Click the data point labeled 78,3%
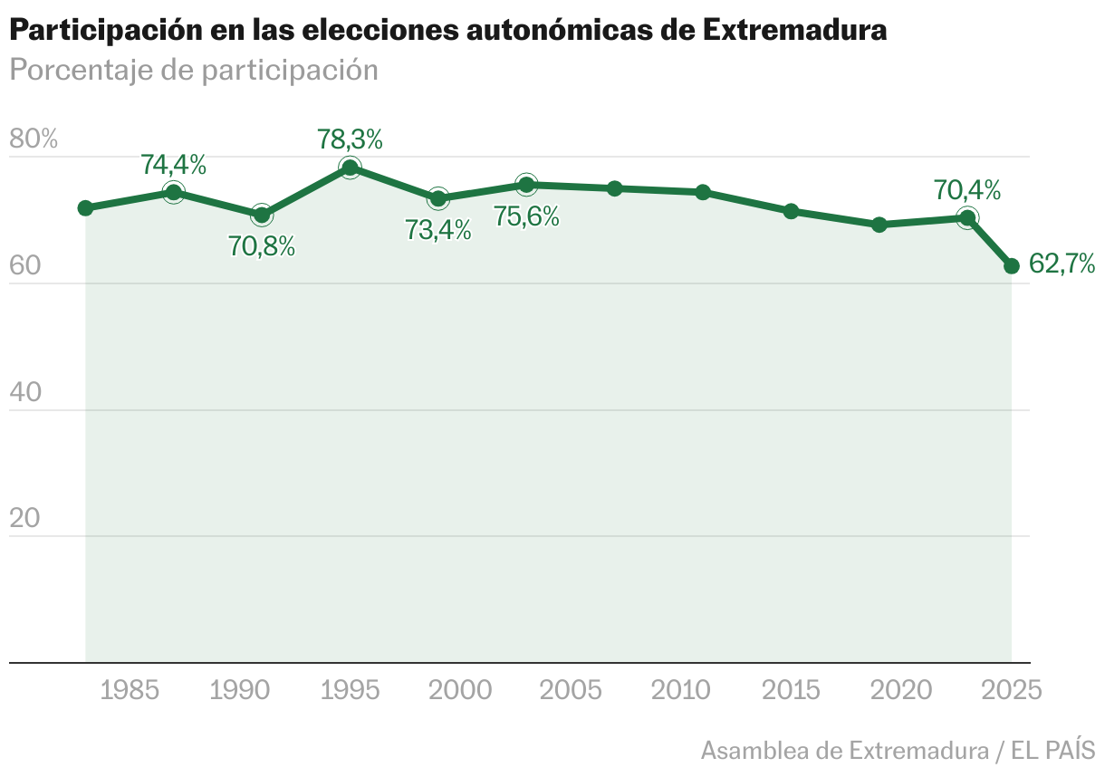pos(350,168)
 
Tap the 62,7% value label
pos(1062,264)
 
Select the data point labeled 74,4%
pos(174,192)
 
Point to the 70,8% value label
pos(262,246)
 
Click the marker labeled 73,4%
pos(438,198)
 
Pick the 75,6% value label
pos(526,217)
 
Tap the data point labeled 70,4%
pos(967,217)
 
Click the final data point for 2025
pos(1012,266)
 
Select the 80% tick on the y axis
pos(34,139)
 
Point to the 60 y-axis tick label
pos(25,266)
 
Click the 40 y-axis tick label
pos(25,392)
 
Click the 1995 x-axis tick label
pos(350,691)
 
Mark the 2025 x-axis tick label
pos(1012,691)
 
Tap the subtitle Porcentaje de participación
pos(193,70)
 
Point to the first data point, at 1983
pos(86,208)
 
